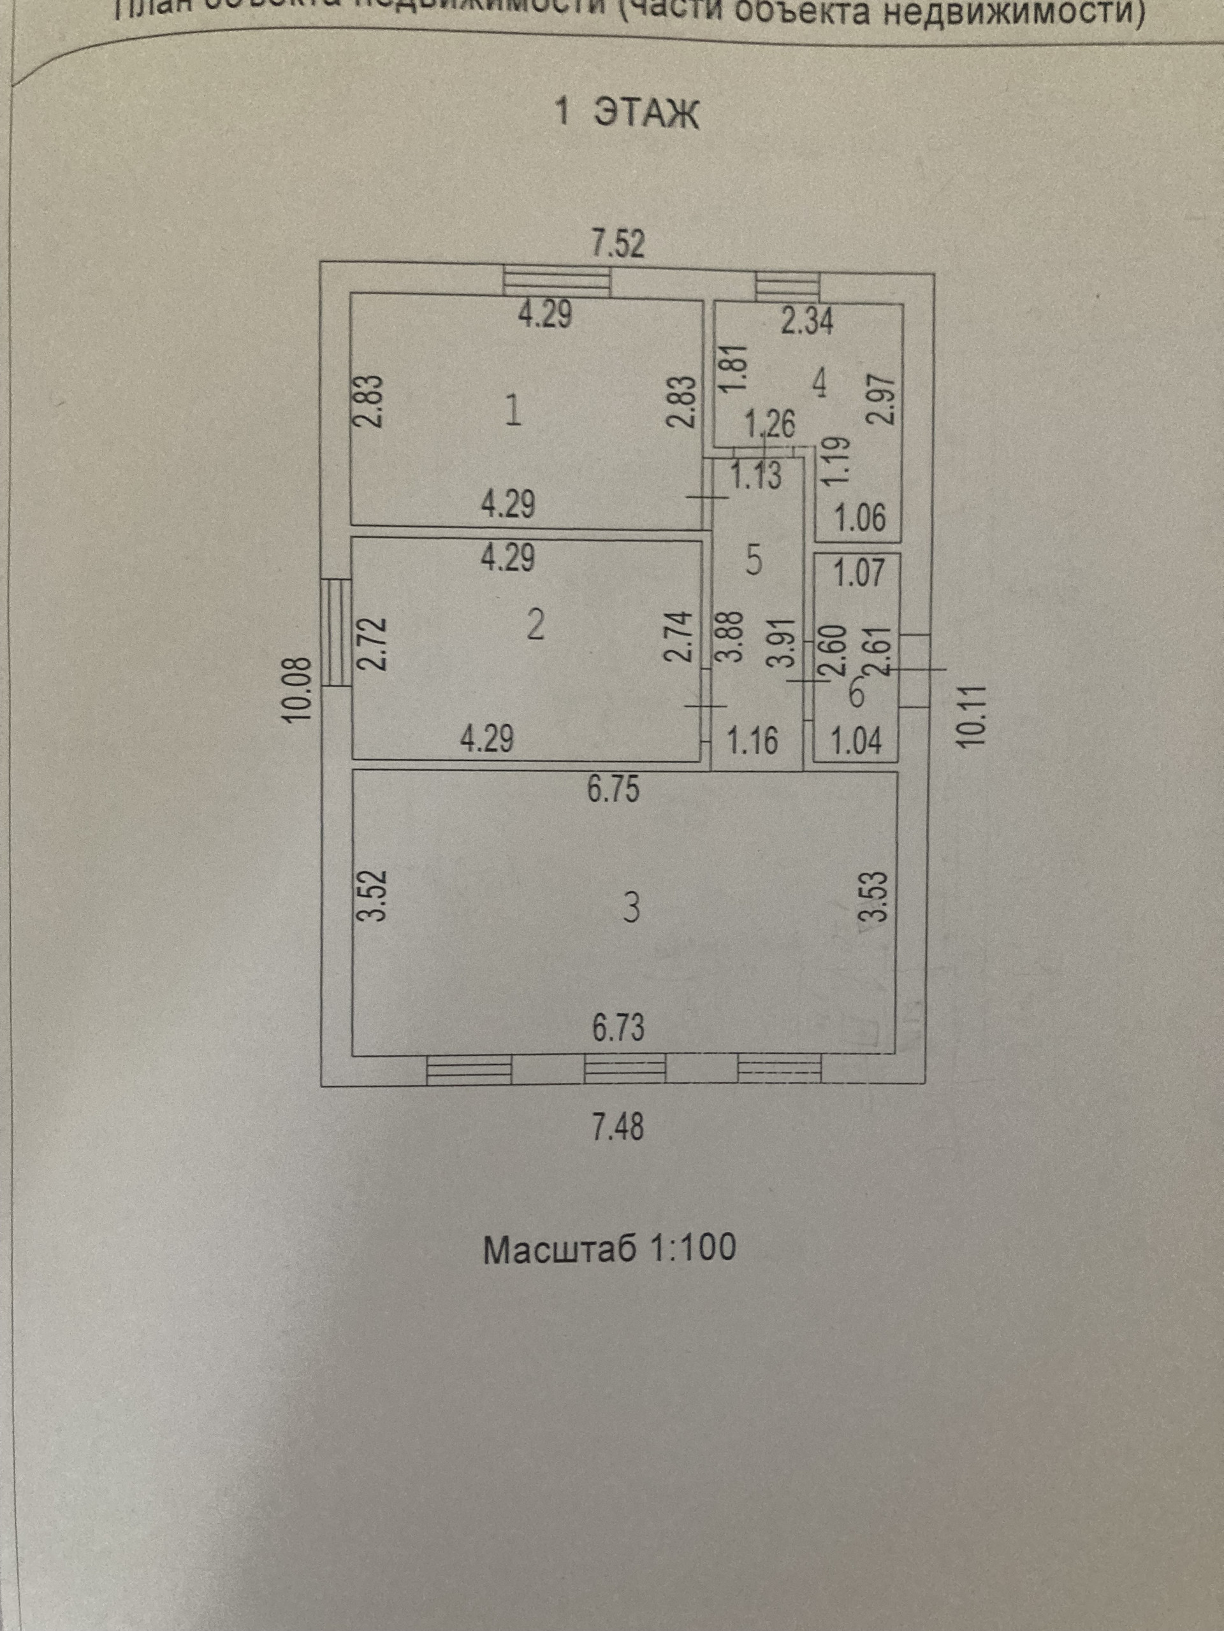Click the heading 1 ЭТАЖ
click(x=625, y=113)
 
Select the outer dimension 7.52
click(x=619, y=243)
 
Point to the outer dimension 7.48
click(x=618, y=1126)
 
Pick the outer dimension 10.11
click(x=972, y=716)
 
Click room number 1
click(x=513, y=411)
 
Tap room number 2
click(x=536, y=626)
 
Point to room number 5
click(x=754, y=562)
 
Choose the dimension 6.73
click(x=618, y=1028)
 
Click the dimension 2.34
click(x=807, y=322)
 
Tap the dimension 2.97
click(x=884, y=398)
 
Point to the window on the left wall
click(x=339, y=632)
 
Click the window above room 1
click(x=557, y=282)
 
